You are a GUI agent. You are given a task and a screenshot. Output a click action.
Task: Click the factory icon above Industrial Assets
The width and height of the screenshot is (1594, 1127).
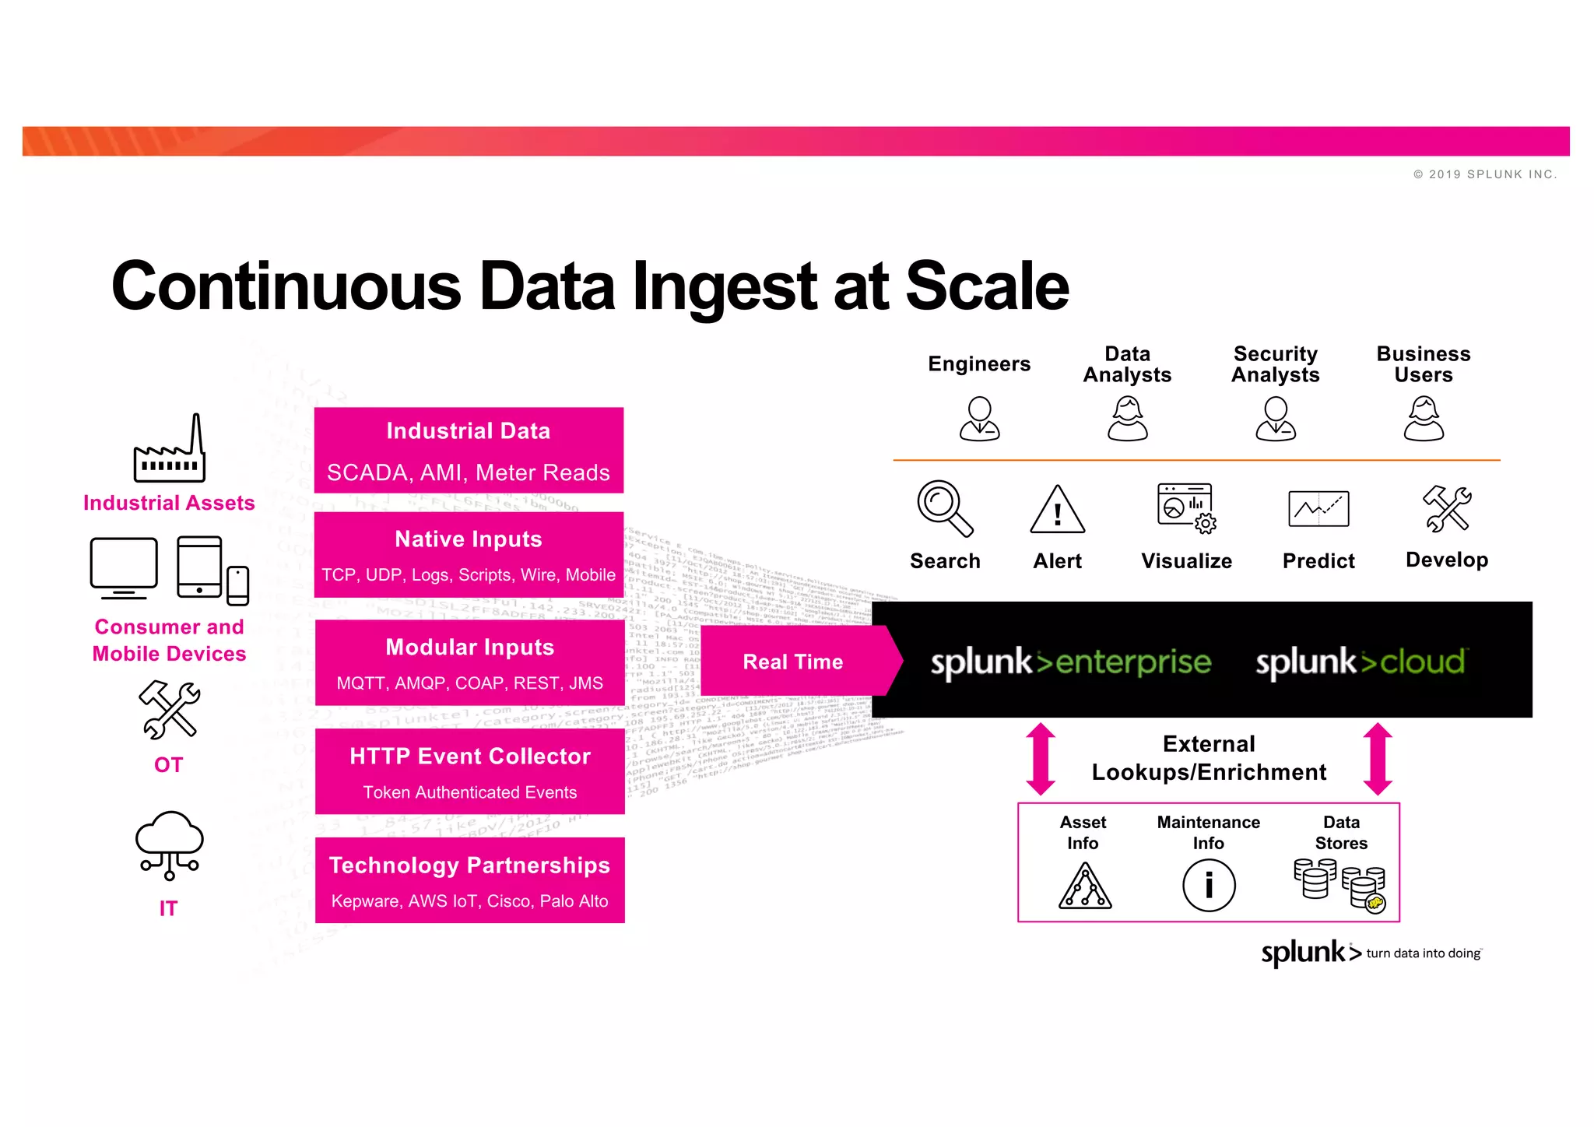(170, 451)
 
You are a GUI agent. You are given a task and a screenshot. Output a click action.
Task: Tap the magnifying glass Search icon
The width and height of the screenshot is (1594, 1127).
(943, 507)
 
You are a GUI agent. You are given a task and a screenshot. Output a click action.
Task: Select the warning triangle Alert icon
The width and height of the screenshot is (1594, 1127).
(1057, 511)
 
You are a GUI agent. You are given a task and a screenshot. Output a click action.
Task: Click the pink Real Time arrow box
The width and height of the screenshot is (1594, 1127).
(794, 662)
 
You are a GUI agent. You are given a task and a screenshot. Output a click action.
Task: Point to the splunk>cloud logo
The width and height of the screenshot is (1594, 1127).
(1361, 662)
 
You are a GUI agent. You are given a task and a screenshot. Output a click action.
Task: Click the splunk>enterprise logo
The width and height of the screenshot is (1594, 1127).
(1071, 662)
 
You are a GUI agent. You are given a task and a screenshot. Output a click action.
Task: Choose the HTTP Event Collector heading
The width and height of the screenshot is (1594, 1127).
(469, 756)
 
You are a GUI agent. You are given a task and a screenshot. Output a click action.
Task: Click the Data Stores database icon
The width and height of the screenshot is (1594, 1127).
(1339, 885)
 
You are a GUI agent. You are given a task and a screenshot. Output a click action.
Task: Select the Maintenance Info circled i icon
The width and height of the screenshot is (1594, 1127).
(1209, 886)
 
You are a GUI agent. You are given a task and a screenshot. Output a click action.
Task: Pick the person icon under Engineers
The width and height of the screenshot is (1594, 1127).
(979, 419)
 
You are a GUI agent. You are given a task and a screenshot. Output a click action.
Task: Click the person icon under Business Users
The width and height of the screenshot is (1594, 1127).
(1424, 419)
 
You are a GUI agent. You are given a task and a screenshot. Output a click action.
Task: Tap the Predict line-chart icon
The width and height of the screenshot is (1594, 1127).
(1318, 509)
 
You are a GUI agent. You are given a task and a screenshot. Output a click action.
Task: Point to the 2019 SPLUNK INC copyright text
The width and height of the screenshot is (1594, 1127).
(1485, 174)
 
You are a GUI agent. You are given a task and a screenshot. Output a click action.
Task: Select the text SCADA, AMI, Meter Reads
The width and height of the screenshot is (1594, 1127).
(469, 472)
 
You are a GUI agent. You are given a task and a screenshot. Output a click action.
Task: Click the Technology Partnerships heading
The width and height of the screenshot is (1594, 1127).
(469, 865)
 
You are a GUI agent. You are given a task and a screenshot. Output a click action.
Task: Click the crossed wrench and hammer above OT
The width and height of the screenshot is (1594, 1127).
(170, 710)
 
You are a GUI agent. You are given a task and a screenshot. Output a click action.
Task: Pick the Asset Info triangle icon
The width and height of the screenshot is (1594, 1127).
(1085, 887)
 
